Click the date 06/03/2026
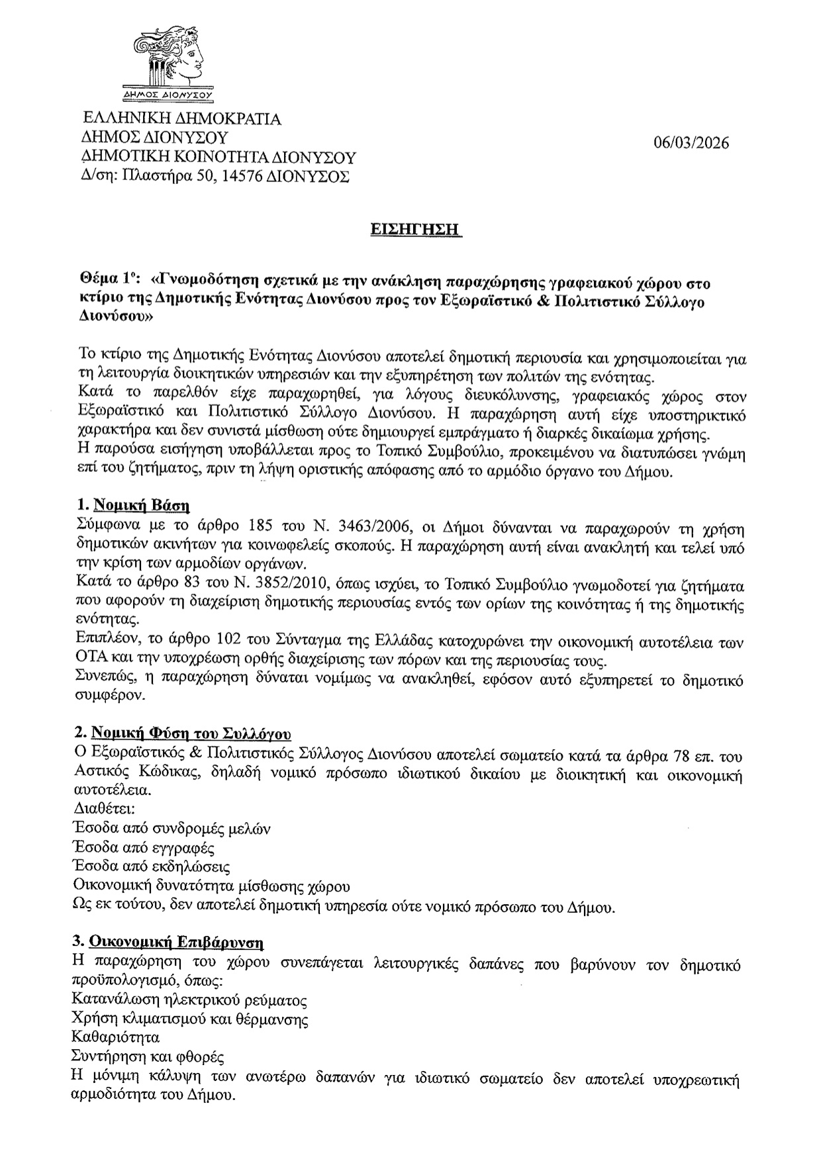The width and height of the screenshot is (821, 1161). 691,144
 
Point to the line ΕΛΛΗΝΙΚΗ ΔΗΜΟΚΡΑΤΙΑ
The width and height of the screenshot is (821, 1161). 179,119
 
